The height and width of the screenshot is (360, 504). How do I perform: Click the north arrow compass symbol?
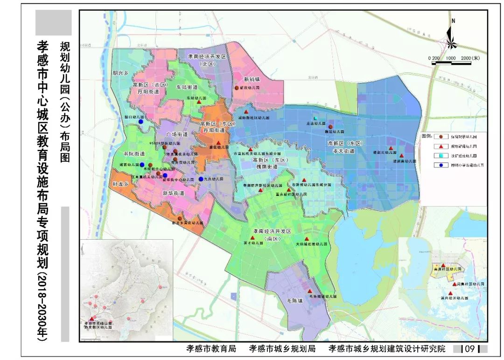point(451,35)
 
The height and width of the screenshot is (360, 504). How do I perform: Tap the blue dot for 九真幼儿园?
point(201,179)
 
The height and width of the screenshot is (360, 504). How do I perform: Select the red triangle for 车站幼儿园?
point(199,102)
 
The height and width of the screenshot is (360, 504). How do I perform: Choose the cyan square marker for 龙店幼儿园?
point(315,118)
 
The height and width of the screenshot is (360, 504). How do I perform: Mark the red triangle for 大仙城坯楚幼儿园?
point(307,238)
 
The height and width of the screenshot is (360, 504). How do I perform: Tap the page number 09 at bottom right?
point(469,349)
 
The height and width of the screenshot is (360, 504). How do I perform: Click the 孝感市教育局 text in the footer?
point(211,349)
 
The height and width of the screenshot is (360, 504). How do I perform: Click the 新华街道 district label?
point(173,193)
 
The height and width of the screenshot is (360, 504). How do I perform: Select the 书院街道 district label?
point(134,153)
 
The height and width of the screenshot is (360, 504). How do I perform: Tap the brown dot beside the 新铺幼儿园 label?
point(237,88)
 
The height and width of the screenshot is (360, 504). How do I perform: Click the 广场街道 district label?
point(177,134)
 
